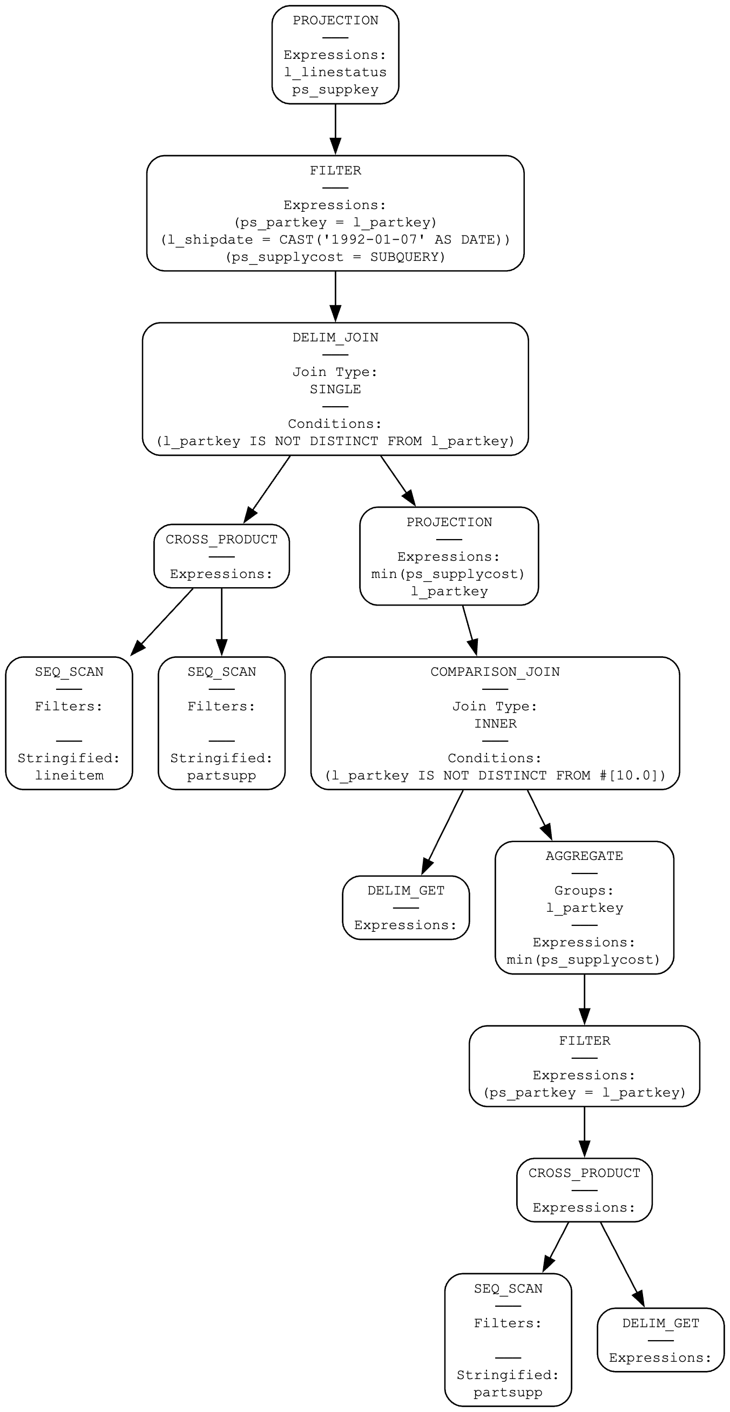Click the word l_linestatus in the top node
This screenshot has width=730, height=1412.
(x=335, y=72)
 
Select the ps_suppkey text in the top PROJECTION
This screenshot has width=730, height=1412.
(x=335, y=90)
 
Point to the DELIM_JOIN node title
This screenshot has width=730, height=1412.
(x=335, y=338)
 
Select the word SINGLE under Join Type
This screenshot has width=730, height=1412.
(x=335, y=389)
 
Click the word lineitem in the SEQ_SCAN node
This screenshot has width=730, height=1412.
(x=69, y=776)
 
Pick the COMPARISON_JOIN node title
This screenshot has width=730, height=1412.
(x=495, y=672)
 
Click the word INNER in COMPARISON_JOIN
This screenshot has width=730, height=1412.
(x=495, y=724)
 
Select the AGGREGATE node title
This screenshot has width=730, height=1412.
(x=584, y=856)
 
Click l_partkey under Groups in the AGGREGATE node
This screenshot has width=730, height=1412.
(x=584, y=908)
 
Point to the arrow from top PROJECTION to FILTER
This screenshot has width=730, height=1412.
(x=335, y=129)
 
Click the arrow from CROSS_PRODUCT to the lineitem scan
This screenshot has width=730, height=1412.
(x=162, y=622)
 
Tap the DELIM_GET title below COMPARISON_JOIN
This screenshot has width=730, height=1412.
(x=405, y=891)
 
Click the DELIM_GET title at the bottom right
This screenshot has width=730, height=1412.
(x=660, y=1323)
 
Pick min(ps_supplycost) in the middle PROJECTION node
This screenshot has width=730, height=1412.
(x=448, y=574)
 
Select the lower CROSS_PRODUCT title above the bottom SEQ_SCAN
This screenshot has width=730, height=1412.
(x=584, y=1174)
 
